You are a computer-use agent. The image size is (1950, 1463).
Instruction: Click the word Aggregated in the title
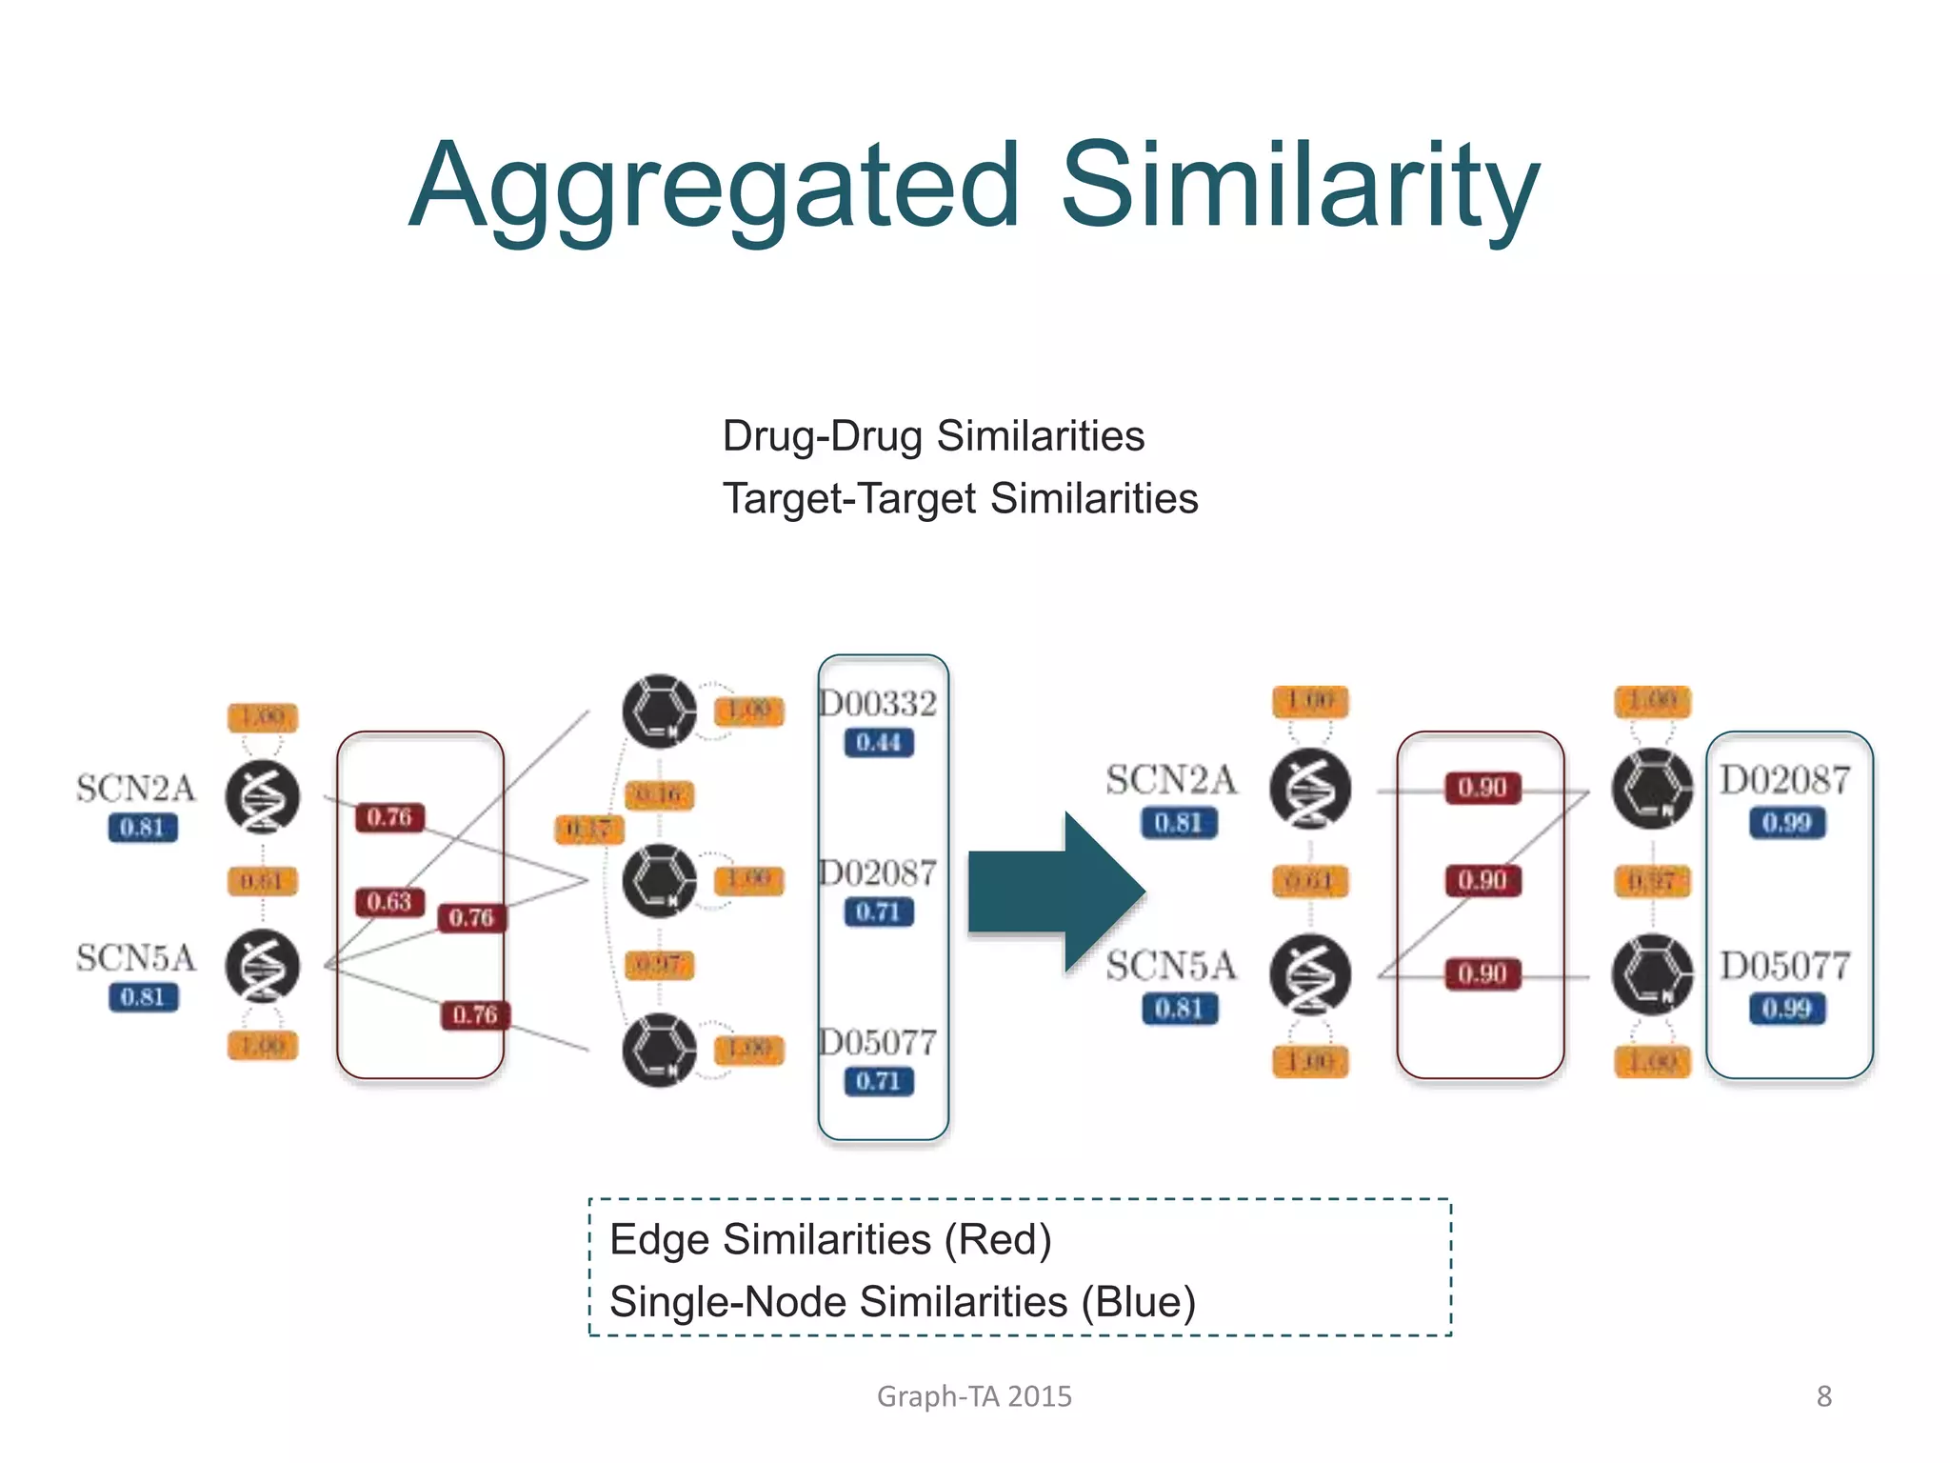[x=714, y=186]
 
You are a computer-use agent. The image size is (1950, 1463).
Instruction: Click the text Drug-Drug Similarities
[x=933, y=436]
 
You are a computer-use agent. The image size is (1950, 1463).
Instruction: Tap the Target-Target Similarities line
[x=960, y=499]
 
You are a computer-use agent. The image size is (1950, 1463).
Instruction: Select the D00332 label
[x=878, y=704]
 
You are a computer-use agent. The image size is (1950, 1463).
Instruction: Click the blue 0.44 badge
[x=878, y=742]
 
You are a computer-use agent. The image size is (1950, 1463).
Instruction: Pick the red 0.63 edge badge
[x=388, y=901]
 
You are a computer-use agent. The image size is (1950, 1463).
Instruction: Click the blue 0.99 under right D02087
[x=1786, y=822]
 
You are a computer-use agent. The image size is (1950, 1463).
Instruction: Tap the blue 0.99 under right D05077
[x=1786, y=1008]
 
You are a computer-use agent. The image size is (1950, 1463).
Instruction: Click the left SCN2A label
[x=136, y=789]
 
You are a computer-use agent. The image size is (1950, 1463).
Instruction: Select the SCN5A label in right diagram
[x=1170, y=966]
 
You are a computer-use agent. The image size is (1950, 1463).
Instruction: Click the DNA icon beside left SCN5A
[x=263, y=966]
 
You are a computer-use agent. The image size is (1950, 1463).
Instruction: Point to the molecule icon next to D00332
[x=659, y=711]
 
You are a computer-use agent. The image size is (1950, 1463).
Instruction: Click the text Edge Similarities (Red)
[x=830, y=1239]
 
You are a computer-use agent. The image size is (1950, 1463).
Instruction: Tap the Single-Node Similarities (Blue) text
[x=902, y=1302]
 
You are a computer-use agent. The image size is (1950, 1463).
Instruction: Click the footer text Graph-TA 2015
[x=974, y=1396]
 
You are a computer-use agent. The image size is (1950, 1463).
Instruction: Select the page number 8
[x=1823, y=1396]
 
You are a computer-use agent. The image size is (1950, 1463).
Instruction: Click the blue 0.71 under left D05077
[x=878, y=1081]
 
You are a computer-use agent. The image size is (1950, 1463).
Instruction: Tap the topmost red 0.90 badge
[x=1482, y=788]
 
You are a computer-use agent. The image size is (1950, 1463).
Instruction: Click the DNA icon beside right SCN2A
[x=1310, y=789]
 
